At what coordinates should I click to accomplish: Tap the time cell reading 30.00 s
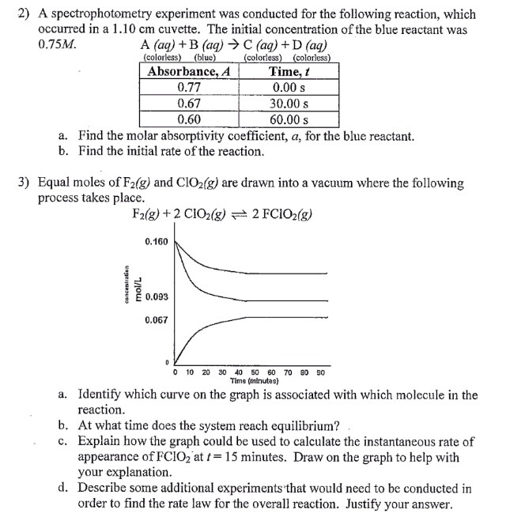tap(289, 104)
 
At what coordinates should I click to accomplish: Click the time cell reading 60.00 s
tap(289, 119)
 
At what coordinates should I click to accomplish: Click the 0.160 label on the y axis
tap(156, 240)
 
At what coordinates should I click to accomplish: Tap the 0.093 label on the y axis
tap(156, 297)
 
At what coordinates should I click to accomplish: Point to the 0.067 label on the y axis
tap(156, 319)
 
